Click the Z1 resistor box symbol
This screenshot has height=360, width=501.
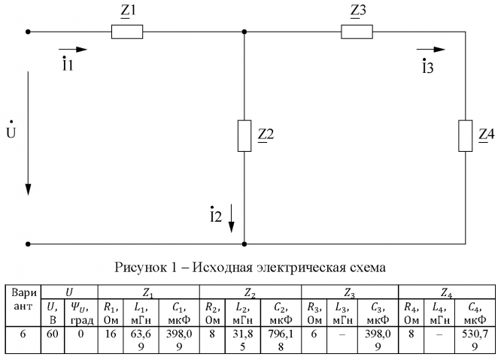126,32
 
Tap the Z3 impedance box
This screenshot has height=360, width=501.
357,32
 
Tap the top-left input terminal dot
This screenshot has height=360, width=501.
28,32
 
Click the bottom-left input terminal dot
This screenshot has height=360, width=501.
28,244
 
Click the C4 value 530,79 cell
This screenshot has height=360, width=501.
478,339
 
